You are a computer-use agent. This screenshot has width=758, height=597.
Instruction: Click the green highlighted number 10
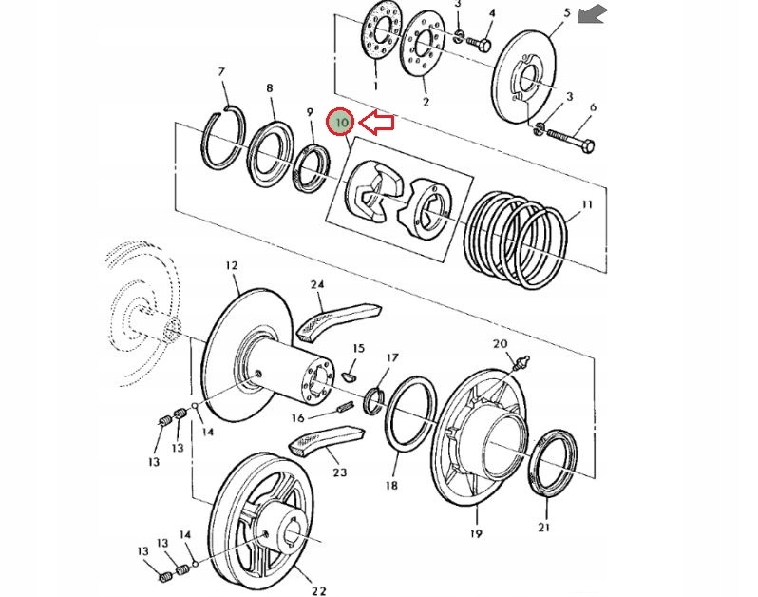click(x=341, y=123)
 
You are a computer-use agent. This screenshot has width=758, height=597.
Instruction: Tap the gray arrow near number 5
click(x=593, y=13)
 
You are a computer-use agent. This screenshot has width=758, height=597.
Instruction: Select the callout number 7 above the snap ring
click(x=221, y=72)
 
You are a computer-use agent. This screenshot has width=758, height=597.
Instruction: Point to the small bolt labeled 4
click(x=479, y=43)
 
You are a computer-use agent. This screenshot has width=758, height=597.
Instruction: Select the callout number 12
click(x=232, y=265)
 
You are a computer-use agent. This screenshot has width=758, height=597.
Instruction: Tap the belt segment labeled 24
click(x=338, y=319)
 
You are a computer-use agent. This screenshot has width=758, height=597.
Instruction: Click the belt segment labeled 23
click(x=326, y=440)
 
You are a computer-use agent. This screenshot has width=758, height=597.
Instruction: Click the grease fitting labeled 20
click(x=521, y=363)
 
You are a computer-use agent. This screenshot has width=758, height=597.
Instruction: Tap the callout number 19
click(x=476, y=533)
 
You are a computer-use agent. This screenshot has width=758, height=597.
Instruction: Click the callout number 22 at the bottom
click(x=318, y=590)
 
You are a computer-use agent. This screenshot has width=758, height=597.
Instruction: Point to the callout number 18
click(x=391, y=485)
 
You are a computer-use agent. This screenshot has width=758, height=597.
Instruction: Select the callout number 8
click(x=269, y=88)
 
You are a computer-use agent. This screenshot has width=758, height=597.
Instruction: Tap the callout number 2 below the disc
click(x=426, y=102)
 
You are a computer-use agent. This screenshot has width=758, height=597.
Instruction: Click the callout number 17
click(x=392, y=357)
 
